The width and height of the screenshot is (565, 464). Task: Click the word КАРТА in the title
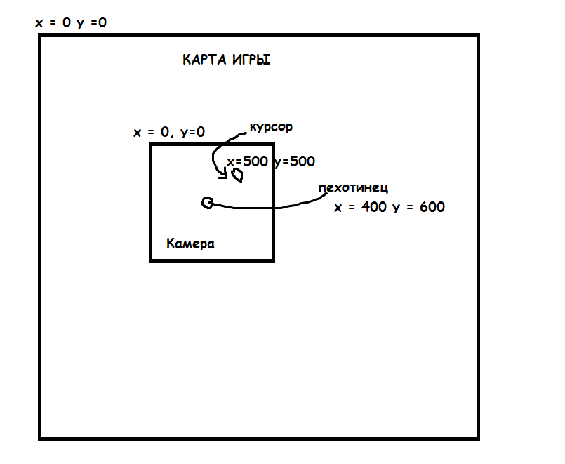(204, 60)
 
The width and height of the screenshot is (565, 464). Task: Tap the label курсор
(271, 128)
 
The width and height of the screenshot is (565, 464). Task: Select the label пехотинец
(353, 188)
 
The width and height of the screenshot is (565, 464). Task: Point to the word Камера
(191, 244)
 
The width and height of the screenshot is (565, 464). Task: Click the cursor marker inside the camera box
(237, 175)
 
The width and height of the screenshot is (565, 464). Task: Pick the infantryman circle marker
(207, 203)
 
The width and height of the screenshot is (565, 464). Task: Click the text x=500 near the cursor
(247, 161)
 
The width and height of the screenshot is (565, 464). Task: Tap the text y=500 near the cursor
(294, 161)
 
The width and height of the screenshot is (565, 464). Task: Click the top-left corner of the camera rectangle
(151, 145)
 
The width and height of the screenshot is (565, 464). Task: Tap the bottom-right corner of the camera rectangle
(273, 260)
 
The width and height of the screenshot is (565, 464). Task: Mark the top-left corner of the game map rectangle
(40, 36)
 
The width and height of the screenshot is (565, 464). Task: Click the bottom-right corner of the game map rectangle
(479, 439)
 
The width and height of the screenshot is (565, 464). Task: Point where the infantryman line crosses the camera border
(273, 208)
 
